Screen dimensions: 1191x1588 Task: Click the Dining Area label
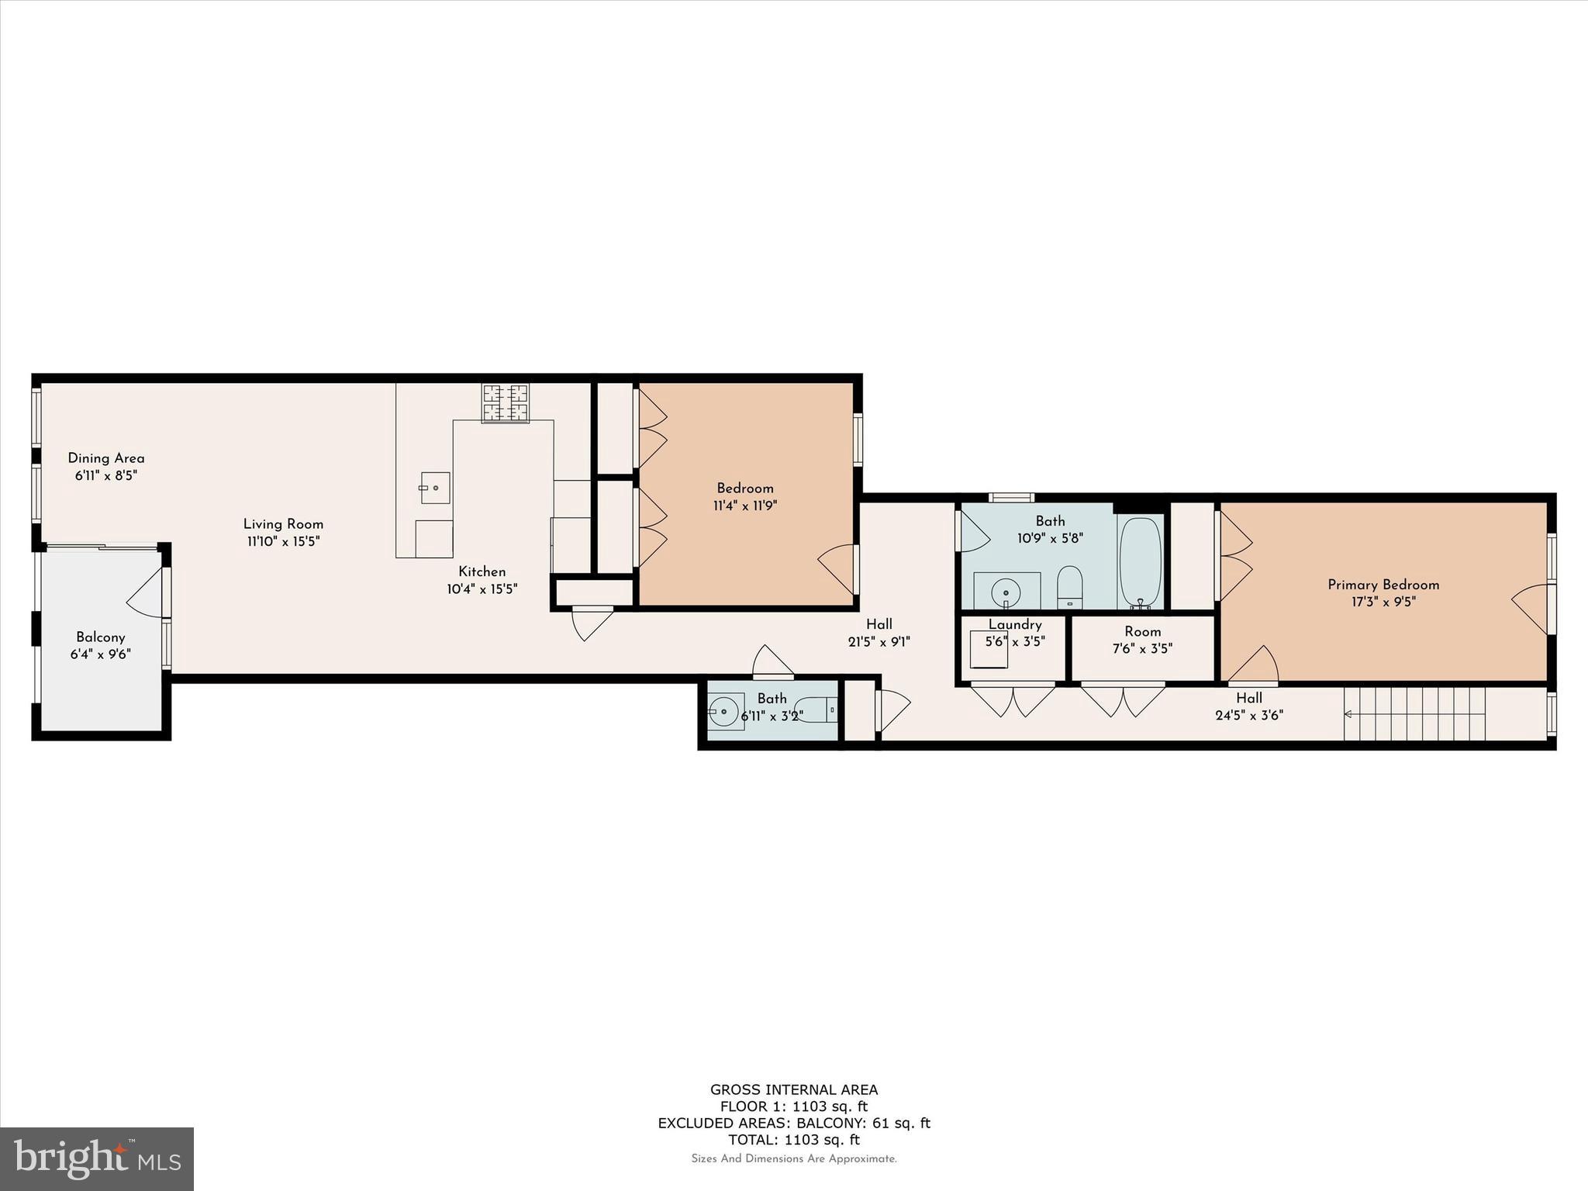(105, 458)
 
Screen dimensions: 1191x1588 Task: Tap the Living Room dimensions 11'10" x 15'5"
(283, 541)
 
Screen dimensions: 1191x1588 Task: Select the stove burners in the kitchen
(506, 403)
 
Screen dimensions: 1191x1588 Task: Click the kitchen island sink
(435, 488)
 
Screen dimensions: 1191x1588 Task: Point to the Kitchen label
(482, 571)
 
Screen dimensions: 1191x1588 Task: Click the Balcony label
(101, 637)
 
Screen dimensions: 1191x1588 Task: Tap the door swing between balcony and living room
(146, 592)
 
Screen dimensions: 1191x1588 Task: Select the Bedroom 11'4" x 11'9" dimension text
(744, 506)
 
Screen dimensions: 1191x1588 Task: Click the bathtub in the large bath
(1140, 562)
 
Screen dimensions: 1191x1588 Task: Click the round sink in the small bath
(727, 711)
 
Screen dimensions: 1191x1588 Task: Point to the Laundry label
(1014, 625)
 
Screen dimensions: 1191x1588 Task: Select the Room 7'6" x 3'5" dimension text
(1142, 649)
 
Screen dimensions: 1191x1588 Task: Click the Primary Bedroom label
(1383, 585)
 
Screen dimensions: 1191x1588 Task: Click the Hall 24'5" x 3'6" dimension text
(1248, 716)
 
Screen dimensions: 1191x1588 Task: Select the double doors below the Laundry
(1013, 699)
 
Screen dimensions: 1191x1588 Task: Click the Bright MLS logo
(96, 1158)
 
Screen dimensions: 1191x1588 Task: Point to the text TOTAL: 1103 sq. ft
(793, 1140)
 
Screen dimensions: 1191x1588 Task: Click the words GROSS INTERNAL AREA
(793, 1089)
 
